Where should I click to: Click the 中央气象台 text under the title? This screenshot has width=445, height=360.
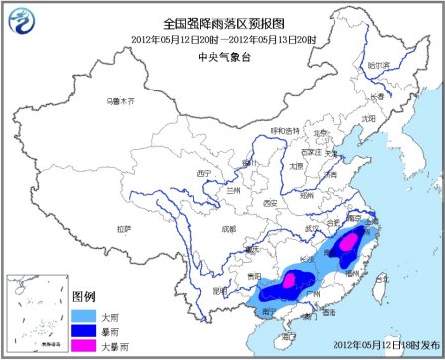click(x=222, y=56)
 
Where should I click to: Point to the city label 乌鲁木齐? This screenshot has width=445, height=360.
click(x=120, y=101)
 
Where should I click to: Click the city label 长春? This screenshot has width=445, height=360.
click(x=376, y=96)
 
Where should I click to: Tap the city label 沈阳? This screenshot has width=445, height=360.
click(x=369, y=117)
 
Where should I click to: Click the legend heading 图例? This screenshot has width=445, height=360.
click(x=85, y=297)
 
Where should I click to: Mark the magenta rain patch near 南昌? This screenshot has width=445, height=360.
click(x=348, y=242)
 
